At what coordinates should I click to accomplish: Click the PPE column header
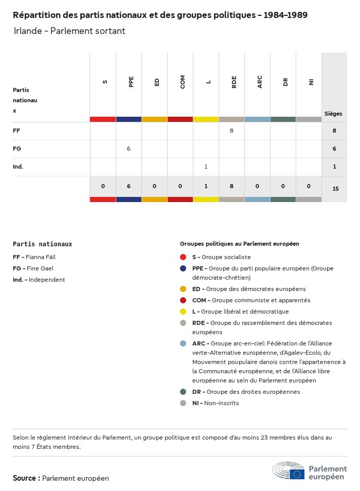point(131,82)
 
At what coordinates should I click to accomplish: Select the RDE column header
point(233,82)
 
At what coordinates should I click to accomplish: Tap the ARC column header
point(259,82)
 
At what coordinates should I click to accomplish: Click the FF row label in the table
point(16,131)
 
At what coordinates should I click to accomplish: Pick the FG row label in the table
point(16,149)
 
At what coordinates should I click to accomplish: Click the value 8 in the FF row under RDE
point(231,131)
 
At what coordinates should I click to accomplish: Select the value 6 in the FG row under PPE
point(129,149)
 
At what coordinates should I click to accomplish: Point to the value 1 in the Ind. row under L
point(206,167)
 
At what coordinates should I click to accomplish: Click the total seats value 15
point(335,189)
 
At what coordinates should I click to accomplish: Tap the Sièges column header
point(333,114)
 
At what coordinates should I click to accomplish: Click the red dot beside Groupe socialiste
point(183,257)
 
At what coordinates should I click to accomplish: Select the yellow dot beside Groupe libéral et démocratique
point(183,312)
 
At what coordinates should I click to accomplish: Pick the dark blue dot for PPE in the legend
point(183,268)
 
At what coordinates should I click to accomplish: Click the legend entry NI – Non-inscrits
point(215,403)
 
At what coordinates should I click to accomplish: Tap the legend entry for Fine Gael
point(33,268)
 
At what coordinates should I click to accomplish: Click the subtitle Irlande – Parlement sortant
point(69,31)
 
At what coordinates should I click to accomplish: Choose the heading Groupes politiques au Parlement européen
point(239,244)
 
